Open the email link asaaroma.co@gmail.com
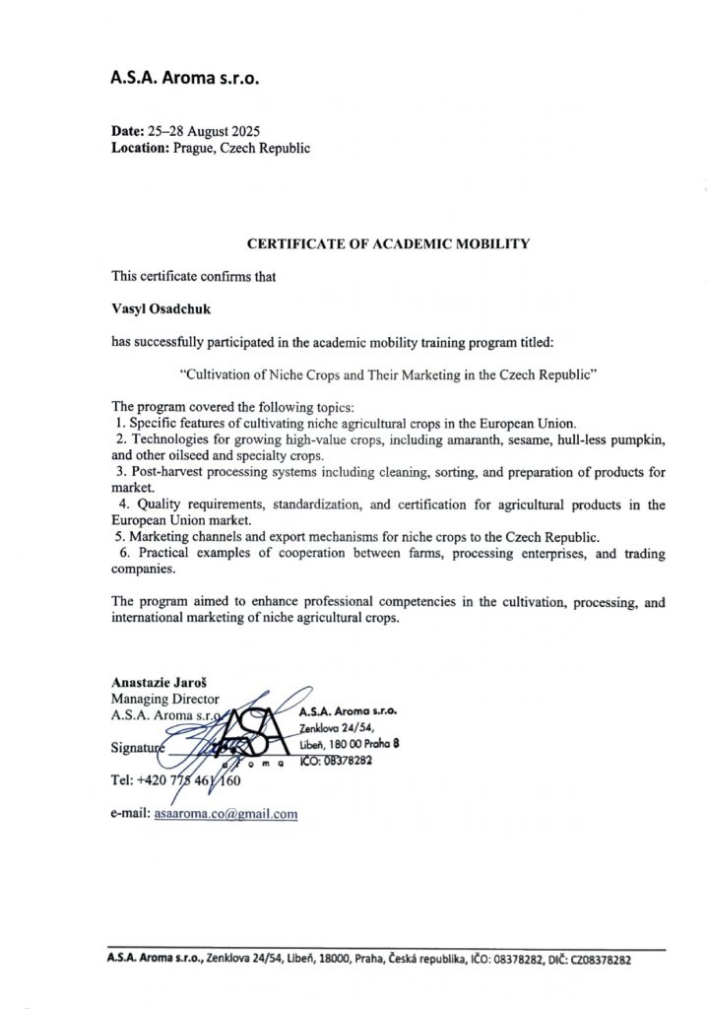coord(225,814)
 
